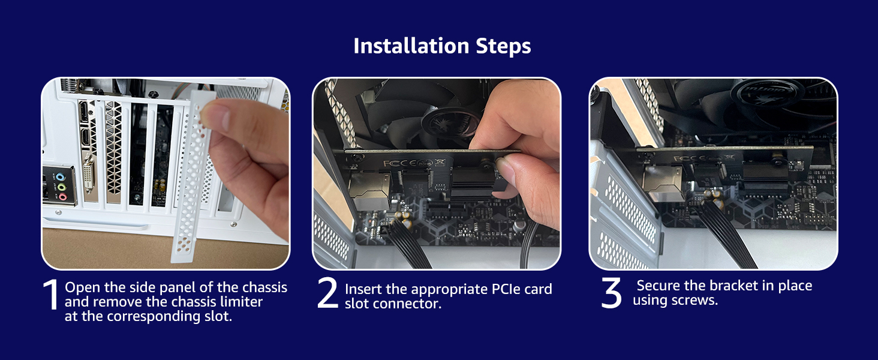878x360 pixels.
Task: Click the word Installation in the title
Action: (402, 46)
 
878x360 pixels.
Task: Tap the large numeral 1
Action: (52, 295)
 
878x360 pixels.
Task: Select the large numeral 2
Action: (327, 293)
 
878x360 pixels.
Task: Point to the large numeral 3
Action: (612, 293)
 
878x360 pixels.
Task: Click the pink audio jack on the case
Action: (61, 196)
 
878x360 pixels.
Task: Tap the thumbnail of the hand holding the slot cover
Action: (166, 173)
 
